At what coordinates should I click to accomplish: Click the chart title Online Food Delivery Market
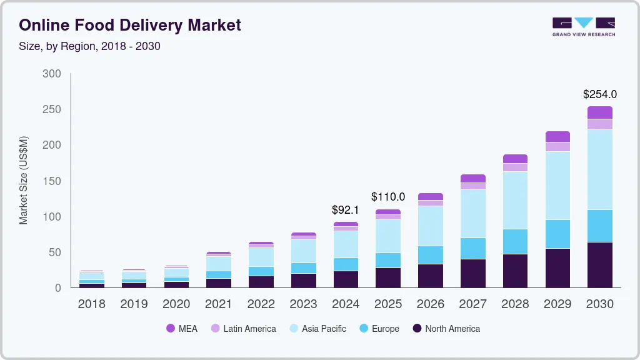(x=130, y=25)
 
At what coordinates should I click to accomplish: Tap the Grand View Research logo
(x=583, y=27)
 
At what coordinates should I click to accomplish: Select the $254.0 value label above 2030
(x=599, y=94)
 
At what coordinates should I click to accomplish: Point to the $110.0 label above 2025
(x=388, y=197)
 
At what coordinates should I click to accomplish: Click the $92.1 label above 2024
(x=346, y=210)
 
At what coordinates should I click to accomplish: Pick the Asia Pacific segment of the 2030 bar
(x=599, y=169)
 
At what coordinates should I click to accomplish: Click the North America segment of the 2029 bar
(x=557, y=268)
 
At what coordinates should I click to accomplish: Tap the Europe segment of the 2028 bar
(x=515, y=241)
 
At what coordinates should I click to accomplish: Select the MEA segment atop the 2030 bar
(x=599, y=112)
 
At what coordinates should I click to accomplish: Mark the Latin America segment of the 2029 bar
(x=557, y=147)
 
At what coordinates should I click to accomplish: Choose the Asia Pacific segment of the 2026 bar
(x=431, y=226)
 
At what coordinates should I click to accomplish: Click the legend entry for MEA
(x=182, y=329)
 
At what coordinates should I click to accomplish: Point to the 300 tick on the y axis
(x=52, y=74)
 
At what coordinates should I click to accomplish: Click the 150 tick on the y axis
(x=52, y=181)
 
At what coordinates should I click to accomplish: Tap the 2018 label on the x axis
(x=91, y=304)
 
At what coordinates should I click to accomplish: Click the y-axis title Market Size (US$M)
(x=24, y=180)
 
